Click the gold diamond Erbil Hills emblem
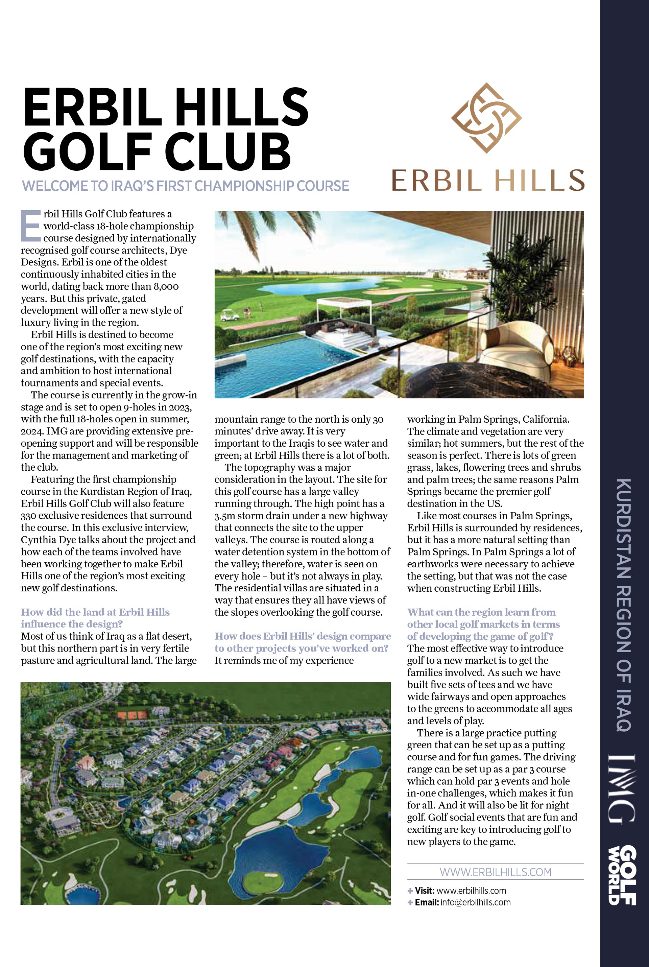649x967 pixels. point(486,118)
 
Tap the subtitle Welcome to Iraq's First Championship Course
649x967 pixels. point(186,186)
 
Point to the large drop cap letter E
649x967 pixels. point(31,226)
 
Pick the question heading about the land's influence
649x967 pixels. point(95,618)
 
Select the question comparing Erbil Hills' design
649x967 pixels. point(302,642)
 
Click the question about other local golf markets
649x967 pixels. point(483,624)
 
